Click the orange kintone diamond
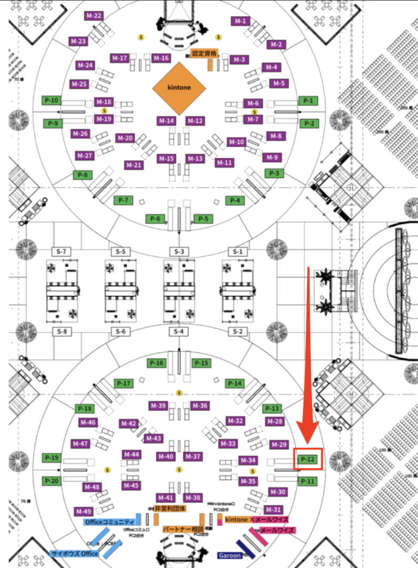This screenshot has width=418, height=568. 179,88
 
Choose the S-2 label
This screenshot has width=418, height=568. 238,332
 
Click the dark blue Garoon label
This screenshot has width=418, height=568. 229,555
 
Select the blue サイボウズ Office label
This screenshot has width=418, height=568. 75,554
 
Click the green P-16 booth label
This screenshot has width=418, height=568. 156,363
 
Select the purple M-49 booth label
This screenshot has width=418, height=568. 84,511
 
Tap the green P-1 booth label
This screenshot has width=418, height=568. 308,100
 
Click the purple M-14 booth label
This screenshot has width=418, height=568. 166,121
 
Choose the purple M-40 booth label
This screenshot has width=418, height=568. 166,457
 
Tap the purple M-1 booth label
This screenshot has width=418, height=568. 241,21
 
